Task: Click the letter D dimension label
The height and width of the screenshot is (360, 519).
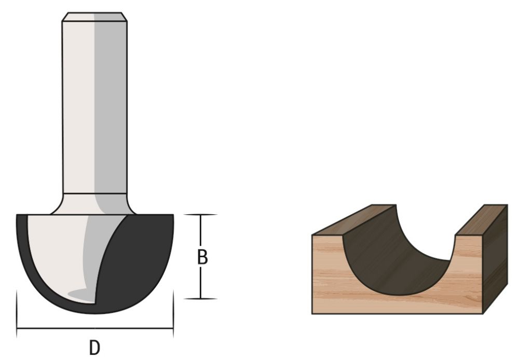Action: click(94, 347)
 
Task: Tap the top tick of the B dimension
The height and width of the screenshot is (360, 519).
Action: click(200, 215)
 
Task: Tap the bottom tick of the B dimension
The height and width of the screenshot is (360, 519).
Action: click(200, 299)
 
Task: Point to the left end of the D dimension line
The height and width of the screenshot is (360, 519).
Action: click(17, 328)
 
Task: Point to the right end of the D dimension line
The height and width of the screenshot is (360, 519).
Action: click(173, 328)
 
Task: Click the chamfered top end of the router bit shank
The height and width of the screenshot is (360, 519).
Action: click(94, 17)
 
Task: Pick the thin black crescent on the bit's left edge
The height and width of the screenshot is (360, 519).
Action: click(23, 249)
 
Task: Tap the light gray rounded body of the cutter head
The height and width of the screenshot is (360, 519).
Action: click(57, 249)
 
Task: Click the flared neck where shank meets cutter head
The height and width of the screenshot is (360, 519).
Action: click(94, 204)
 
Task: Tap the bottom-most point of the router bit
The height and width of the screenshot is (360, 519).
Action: click(95, 313)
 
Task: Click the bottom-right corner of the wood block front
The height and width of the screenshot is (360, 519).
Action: click(483, 313)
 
